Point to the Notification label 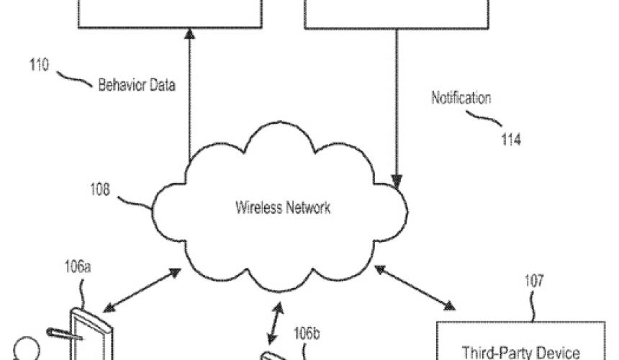[x=461, y=97]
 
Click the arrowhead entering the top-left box [x=189, y=34]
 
